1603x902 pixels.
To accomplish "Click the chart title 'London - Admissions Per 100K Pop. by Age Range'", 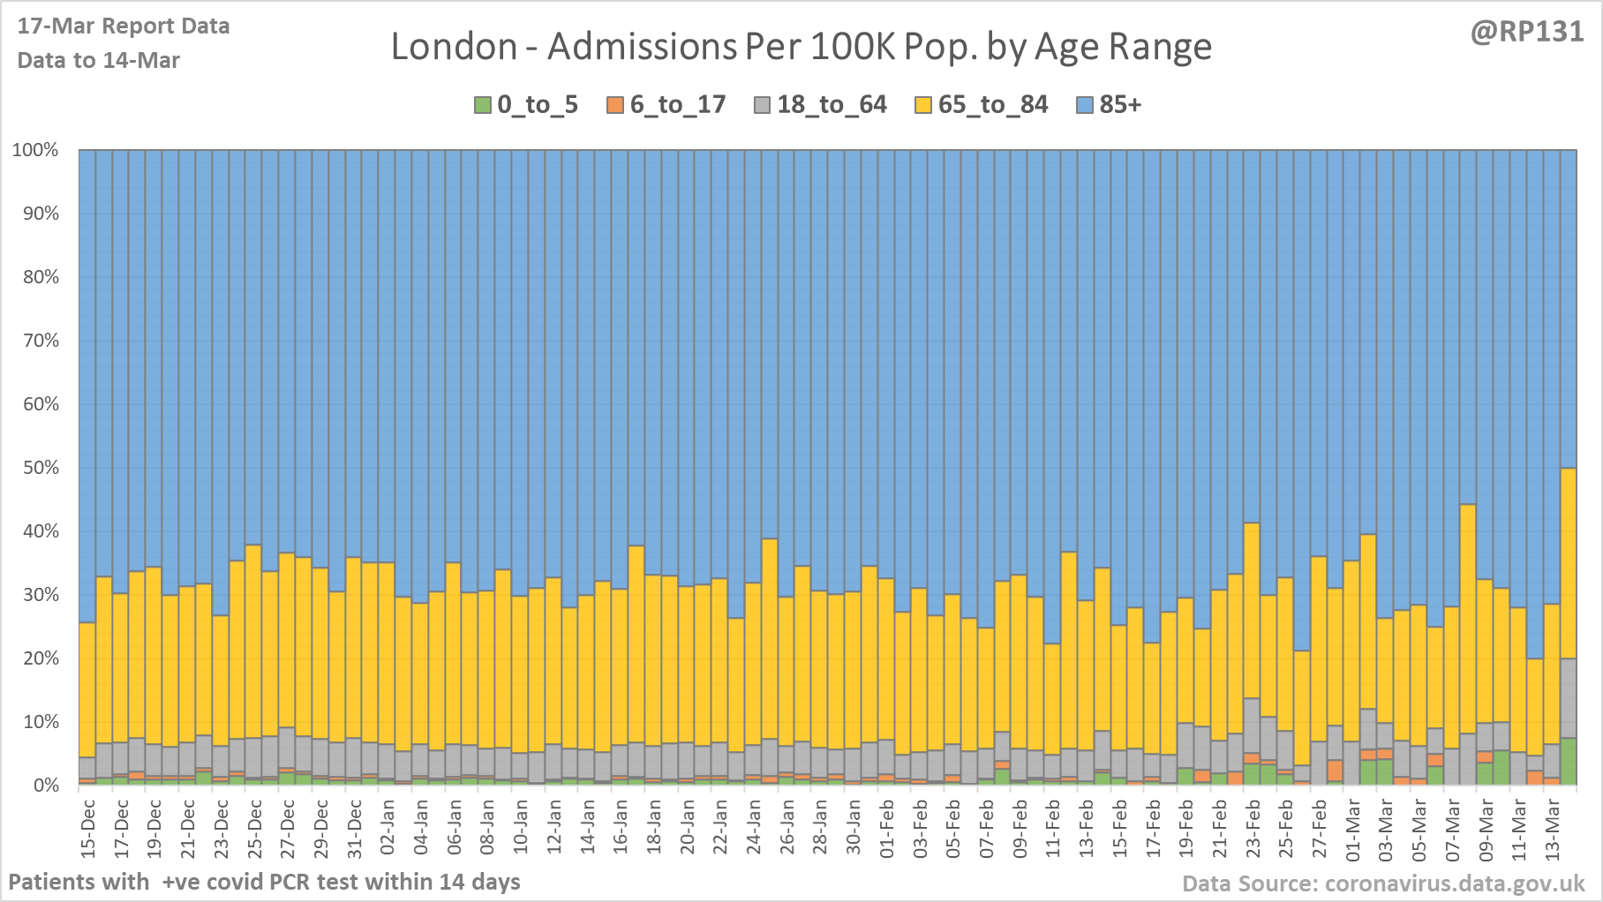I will coord(801,47).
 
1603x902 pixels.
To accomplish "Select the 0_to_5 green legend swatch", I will coord(483,105).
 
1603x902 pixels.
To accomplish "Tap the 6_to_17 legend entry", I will coord(666,105).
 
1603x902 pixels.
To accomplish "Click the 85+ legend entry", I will coord(1110,105).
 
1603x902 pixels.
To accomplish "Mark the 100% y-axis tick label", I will coord(35,150).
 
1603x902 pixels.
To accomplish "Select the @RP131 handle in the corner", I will coord(1526,32).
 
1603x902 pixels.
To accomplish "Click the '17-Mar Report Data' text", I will coord(124,26).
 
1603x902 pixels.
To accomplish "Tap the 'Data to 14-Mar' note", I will coord(99,60).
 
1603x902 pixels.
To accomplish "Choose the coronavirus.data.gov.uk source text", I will coord(1383,883).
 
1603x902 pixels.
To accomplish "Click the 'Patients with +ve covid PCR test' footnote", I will coord(264,882).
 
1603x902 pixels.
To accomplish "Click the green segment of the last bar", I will coord(1569,762).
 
